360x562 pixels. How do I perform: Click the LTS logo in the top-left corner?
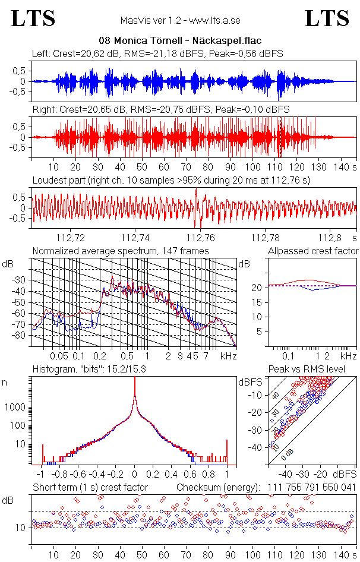tap(33, 18)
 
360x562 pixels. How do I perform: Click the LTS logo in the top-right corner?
tap(327, 18)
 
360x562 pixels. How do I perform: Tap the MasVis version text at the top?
tap(180, 20)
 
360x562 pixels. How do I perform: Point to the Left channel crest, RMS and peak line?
tap(157, 54)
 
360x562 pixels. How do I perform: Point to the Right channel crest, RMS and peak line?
tap(160, 110)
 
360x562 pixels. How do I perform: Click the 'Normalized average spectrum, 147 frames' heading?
tap(121, 251)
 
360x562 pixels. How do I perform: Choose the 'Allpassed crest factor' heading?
tap(313, 251)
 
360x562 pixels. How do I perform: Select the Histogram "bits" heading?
tap(101, 370)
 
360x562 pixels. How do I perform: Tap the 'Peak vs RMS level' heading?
tap(307, 370)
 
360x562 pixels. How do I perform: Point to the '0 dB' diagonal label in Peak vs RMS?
tap(287, 454)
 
